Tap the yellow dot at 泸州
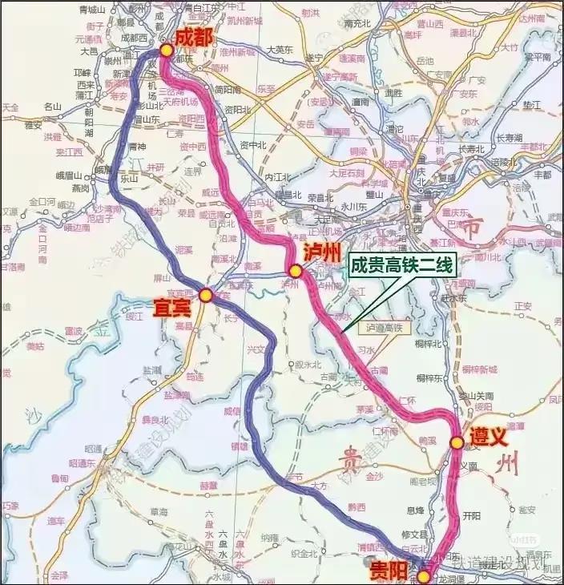pyautogui.click(x=296, y=272)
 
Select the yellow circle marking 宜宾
pyautogui.click(x=206, y=296)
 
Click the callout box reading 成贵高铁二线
pyautogui.click(x=402, y=266)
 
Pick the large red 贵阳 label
pyautogui.click(x=389, y=571)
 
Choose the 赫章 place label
pyautogui.click(x=209, y=486)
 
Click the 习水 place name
pyautogui.click(x=366, y=349)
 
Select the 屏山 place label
pyautogui.click(x=163, y=276)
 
